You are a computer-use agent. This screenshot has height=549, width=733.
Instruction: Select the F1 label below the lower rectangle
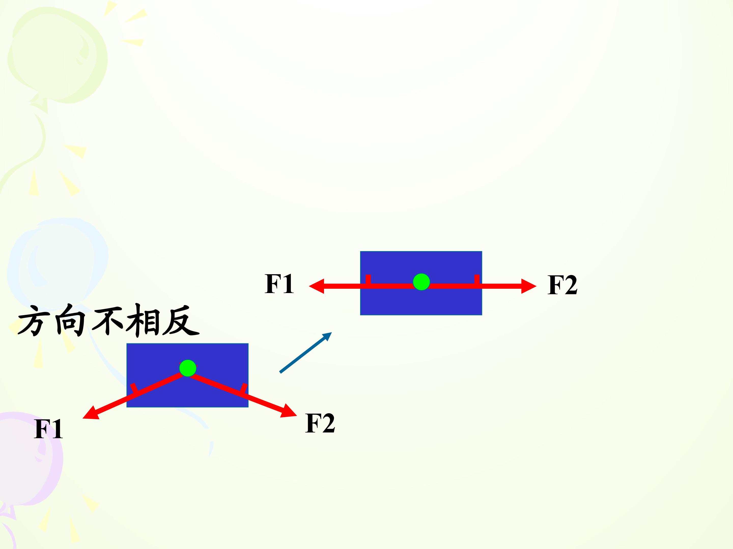(48, 429)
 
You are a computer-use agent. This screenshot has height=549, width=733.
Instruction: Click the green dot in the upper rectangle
(421, 282)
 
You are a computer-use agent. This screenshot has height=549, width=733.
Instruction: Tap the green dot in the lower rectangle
(188, 368)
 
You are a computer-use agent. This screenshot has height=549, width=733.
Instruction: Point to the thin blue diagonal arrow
(305, 353)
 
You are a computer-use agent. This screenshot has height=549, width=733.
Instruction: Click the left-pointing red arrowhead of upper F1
(316, 286)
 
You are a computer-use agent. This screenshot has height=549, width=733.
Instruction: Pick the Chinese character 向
(70, 320)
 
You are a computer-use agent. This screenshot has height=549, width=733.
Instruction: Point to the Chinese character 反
(181, 320)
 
